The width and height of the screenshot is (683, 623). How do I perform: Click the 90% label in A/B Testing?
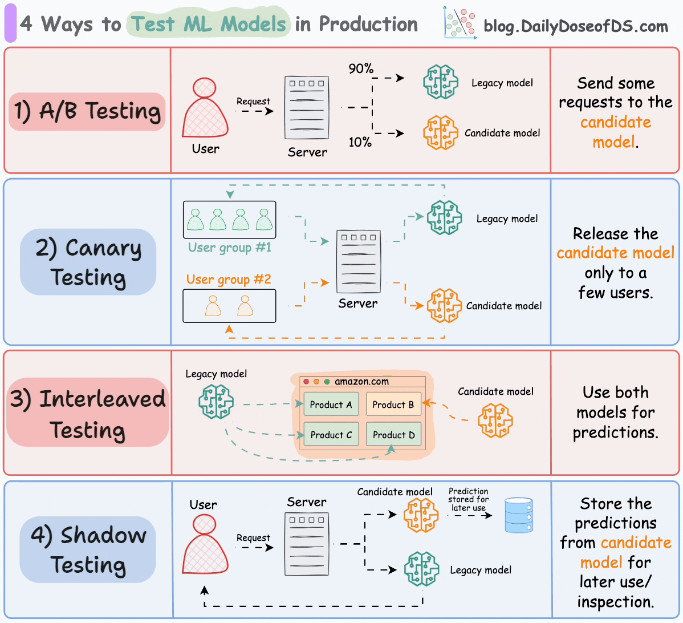tap(361, 68)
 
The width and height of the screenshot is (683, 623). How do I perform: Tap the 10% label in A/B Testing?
tap(360, 142)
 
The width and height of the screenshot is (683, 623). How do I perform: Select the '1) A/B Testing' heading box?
tap(87, 111)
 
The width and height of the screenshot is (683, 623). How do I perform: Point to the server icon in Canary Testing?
tap(358, 262)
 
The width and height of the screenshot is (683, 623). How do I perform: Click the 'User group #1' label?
tap(230, 248)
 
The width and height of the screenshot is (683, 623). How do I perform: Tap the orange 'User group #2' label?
tap(229, 280)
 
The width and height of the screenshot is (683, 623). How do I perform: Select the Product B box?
tap(393, 404)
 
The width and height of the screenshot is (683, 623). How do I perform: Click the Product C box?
tap(331, 435)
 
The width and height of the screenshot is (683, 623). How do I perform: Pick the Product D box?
tap(393, 435)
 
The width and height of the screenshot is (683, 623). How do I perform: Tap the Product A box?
tap(331, 404)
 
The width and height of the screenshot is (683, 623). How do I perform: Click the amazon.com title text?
tap(361, 382)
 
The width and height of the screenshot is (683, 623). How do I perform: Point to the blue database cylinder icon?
tap(519, 515)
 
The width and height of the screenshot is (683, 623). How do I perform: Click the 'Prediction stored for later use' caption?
tap(468, 499)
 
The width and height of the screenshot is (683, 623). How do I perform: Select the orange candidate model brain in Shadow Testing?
tap(421, 515)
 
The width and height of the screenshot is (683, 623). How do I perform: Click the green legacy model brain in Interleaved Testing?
tap(216, 401)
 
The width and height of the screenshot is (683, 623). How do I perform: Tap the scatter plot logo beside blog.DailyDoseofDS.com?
tap(460, 24)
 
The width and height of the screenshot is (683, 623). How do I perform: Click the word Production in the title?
tap(368, 24)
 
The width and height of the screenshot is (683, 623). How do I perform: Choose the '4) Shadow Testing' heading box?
tap(88, 549)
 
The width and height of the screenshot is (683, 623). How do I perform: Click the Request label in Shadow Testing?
tap(253, 537)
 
